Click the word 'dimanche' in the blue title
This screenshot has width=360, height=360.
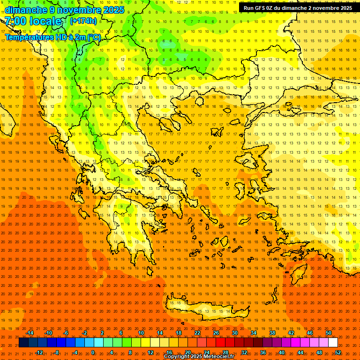point(26,10)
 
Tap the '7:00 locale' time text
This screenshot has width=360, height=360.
point(33,21)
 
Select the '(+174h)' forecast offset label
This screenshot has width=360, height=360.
point(83,21)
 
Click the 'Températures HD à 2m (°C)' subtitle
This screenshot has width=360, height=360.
point(52,37)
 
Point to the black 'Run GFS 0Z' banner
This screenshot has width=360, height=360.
point(298,8)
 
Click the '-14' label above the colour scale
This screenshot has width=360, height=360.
point(29,333)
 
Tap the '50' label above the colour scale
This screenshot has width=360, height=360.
point(329,333)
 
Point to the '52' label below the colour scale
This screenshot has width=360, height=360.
point(338,352)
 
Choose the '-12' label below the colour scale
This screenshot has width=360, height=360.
point(39,352)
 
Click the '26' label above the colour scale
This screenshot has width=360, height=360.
point(216,333)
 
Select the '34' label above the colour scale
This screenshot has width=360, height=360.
point(254,333)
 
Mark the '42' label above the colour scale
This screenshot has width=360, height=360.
point(291,333)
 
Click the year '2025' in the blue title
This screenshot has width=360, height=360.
point(113,10)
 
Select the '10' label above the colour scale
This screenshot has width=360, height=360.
point(141,333)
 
